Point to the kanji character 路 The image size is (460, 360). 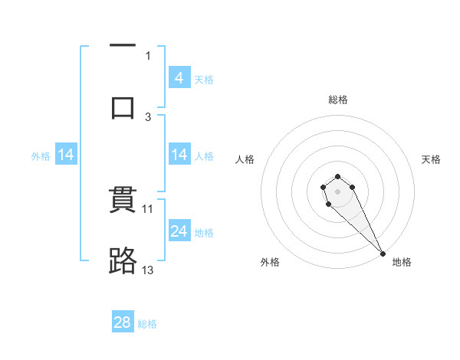coord(123,261)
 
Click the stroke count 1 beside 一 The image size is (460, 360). coord(148,55)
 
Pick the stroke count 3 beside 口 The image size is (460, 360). coord(148,116)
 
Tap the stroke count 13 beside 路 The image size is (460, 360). coord(148,270)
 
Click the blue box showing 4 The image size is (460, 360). coord(179,77)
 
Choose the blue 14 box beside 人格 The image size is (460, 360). coord(179,155)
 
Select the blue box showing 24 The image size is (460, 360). coord(179,231)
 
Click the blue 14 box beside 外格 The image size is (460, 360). coord(66,155)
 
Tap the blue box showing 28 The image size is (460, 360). coord(123,322)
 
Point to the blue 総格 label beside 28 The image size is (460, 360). coord(148,324)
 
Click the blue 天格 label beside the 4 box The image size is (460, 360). coord(204,79)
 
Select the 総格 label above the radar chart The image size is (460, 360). coord(338,100)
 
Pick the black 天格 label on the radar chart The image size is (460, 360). coord(431,159)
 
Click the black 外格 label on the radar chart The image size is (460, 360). coord(270,262)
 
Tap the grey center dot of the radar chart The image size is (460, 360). coord(337,191)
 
